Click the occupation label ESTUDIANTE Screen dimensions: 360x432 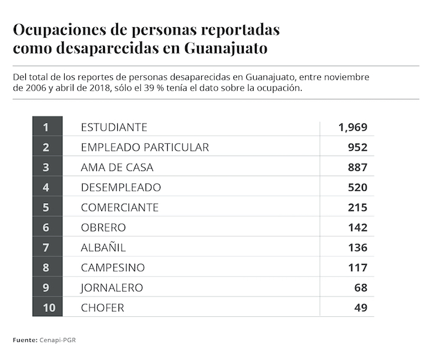tap(114, 127)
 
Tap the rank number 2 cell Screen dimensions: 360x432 tap(46, 147)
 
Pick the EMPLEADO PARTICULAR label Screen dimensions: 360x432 tap(145, 147)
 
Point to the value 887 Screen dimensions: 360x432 tap(357, 167)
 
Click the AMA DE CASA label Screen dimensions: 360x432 tap(117, 167)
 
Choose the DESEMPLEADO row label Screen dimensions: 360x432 tap(121, 187)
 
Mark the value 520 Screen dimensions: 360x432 tap(357, 187)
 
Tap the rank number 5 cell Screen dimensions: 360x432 tap(46, 207)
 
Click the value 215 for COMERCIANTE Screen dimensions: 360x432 tap(357, 207)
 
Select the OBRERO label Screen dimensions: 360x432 tap(103, 227)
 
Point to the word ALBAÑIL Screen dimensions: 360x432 tap(103, 248)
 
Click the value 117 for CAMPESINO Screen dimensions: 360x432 tap(357, 267)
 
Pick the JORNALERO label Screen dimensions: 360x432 tap(112, 288)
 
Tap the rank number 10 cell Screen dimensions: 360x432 tap(46, 308)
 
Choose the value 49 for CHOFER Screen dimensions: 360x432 tap(360, 308)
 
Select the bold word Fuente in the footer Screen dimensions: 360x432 tap(24, 340)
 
